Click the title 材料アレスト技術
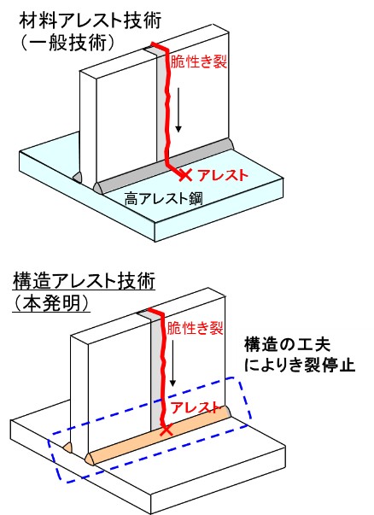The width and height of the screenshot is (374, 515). click(91, 21)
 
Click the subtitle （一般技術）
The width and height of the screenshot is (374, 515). click(67, 43)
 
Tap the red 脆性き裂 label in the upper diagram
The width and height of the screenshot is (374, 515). click(199, 61)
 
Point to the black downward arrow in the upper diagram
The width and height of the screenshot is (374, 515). click(178, 109)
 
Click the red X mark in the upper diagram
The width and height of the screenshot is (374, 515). click(185, 175)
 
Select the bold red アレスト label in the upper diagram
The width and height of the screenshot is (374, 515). click(222, 175)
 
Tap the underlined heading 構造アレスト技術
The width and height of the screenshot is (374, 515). click(84, 282)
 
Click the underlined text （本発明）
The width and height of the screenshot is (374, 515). click(51, 303)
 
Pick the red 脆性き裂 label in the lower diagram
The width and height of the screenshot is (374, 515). click(195, 328)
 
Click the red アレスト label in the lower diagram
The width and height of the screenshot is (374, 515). click(195, 407)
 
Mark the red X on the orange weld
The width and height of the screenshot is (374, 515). click(167, 430)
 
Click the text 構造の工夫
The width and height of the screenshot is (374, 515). click(287, 345)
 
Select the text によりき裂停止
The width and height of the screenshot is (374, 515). click(300, 365)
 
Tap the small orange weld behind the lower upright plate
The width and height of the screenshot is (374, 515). click(67, 448)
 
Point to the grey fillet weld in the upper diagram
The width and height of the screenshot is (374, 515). click(164, 165)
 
